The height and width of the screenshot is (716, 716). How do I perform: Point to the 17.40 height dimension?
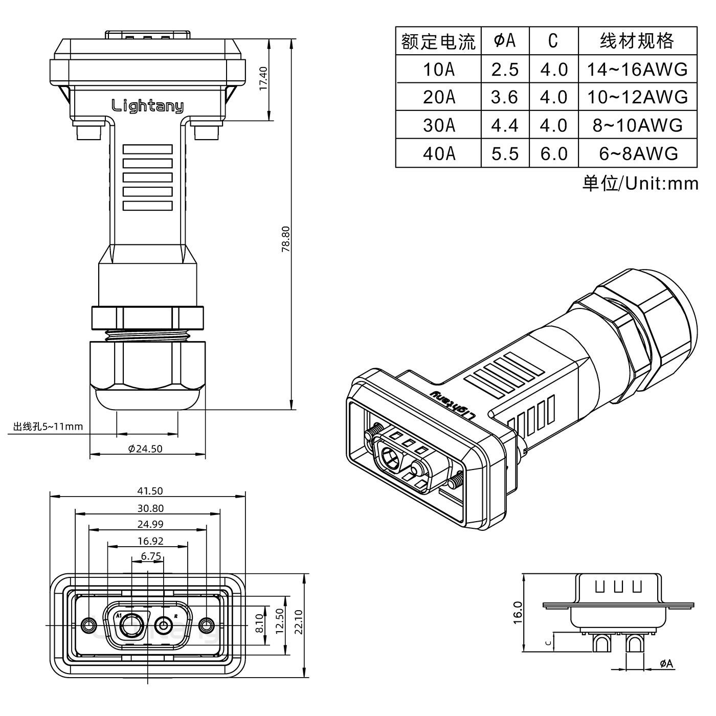pos(263,78)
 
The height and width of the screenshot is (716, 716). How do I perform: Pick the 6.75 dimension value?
pos(150,556)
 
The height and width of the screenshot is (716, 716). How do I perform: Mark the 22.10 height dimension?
pos(299,621)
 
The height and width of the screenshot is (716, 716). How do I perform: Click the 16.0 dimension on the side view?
pos(517,612)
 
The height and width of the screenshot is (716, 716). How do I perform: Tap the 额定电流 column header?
pos(438,41)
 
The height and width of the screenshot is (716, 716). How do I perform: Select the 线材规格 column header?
pos(637,41)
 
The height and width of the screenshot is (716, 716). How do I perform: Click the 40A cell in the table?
pos(438,153)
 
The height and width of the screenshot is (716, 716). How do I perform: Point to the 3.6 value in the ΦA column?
pos(504,97)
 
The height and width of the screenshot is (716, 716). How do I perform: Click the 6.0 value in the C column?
pos(553,153)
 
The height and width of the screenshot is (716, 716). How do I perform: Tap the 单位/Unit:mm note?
pos(640,183)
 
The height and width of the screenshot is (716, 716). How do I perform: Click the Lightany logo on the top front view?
pos(147,106)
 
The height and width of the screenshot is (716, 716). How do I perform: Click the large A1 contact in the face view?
pos(132,624)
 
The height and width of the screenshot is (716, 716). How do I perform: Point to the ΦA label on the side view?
pos(666,664)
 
